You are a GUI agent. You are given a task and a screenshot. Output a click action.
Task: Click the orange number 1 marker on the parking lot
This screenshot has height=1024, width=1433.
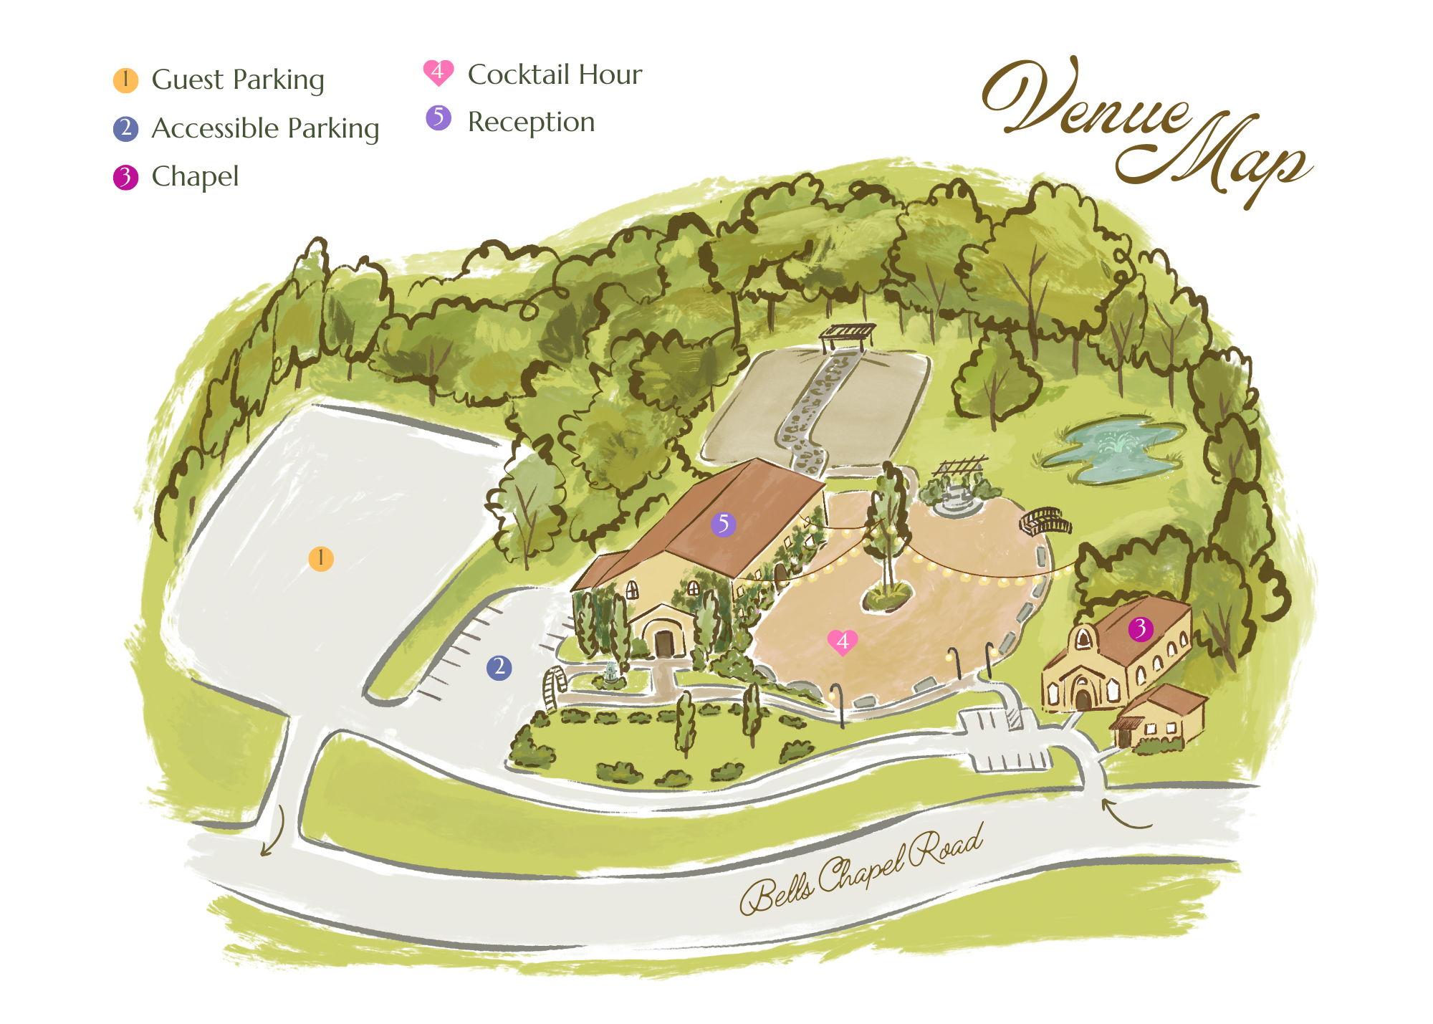tap(321, 558)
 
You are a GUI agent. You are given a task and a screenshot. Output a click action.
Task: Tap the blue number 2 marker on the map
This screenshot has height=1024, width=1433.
tap(499, 668)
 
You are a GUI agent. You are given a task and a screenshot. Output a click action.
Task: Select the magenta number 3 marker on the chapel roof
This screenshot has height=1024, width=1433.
tap(1140, 629)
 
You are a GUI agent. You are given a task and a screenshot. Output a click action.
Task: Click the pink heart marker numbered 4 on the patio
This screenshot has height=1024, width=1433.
tap(843, 641)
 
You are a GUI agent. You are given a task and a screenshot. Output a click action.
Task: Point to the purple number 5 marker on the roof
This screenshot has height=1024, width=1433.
tap(723, 525)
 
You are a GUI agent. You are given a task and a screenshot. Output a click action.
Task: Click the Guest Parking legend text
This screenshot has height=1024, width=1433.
tap(238, 80)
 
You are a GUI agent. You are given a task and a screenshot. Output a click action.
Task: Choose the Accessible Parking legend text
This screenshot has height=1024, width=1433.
tap(265, 128)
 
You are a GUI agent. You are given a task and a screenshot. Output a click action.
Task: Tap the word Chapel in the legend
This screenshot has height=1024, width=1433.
tap(195, 176)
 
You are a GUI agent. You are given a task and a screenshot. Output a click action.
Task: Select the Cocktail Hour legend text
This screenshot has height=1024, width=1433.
tap(555, 74)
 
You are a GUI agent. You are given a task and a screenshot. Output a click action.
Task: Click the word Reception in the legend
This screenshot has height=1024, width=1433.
tap(531, 122)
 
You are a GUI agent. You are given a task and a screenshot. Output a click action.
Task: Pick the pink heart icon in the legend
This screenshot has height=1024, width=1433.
tap(438, 72)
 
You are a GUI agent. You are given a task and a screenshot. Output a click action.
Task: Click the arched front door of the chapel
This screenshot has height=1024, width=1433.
tap(1083, 699)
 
